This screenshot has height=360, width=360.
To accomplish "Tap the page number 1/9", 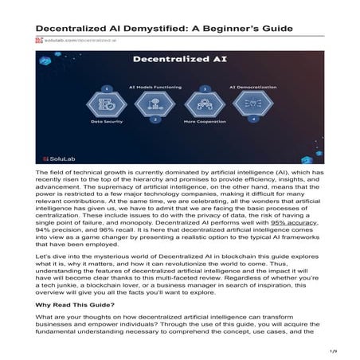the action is [x=335, y=351].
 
